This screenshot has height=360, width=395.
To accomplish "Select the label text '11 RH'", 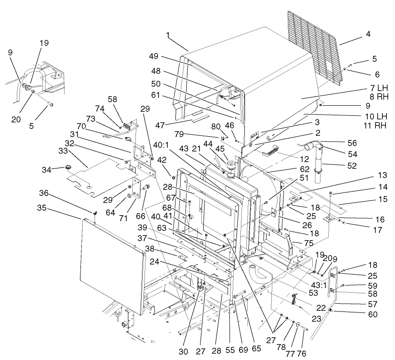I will click(374, 124).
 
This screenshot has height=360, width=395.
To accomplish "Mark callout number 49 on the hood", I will click(153, 56).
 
